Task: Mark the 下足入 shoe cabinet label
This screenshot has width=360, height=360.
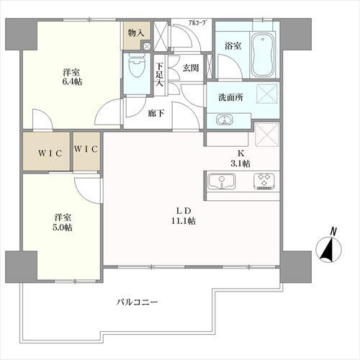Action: coord(160,73)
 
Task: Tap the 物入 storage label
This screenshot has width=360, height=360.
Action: coord(135,33)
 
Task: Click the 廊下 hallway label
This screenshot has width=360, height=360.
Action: coord(156,112)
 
